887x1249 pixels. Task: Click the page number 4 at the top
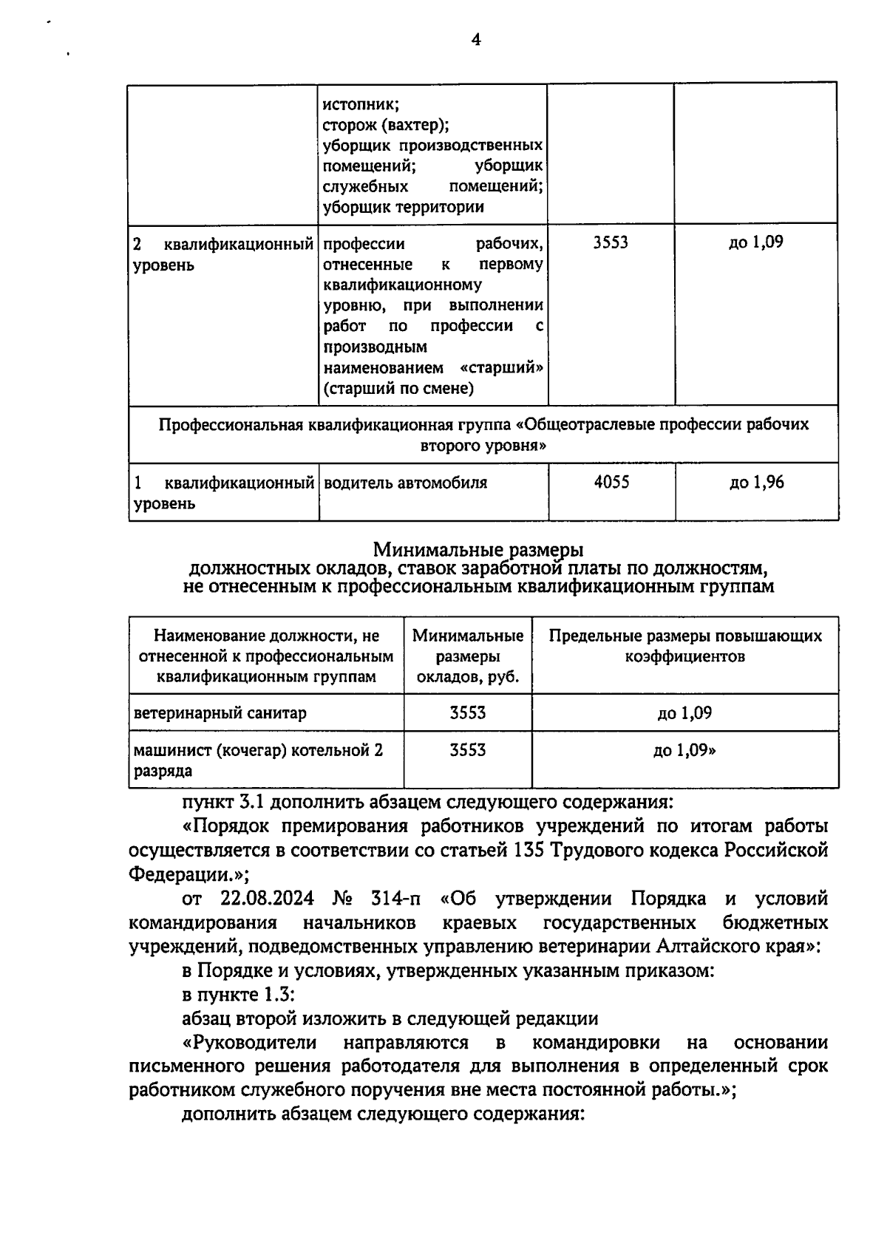tap(476, 40)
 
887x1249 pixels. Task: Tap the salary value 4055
tap(611, 483)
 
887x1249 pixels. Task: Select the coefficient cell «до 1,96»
tap(756, 483)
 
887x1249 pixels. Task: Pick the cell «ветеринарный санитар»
tap(220, 713)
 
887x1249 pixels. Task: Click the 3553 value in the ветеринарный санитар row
tap(468, 713)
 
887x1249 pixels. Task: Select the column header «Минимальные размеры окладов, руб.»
tap(468, 656)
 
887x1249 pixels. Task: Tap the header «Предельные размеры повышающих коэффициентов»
tap(685, 646)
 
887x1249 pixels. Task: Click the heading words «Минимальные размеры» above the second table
tap(478, 550)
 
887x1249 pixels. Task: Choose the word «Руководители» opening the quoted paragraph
tap(255, 1043)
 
